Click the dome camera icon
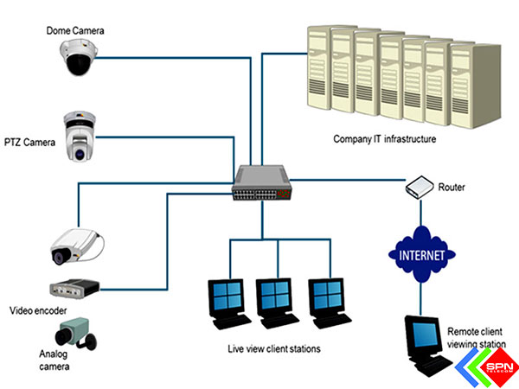(76, 60)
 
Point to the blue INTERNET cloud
(421, 256)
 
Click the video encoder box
(74, 288)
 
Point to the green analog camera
(74, 335)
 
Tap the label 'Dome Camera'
(76, 31)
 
